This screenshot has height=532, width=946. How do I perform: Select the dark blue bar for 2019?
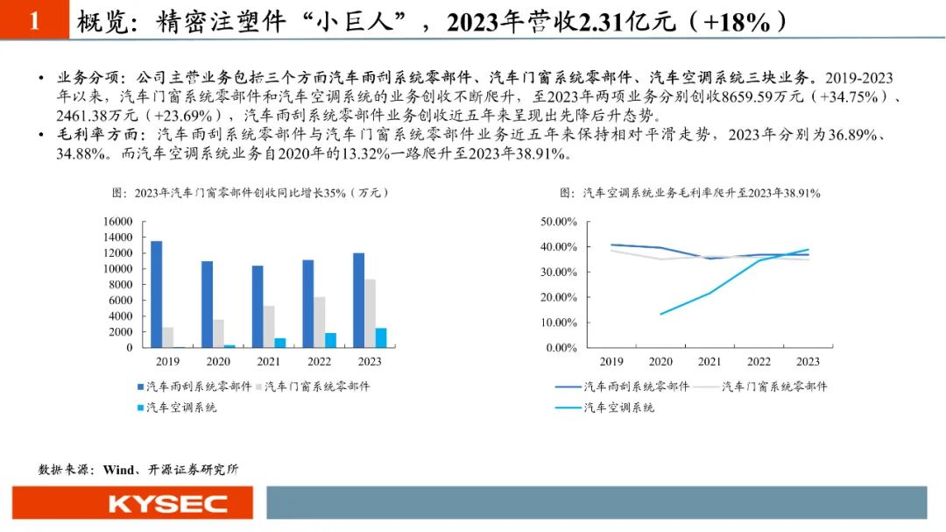click(x=156, y=294)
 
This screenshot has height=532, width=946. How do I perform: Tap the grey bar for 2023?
click(x=370, y=313)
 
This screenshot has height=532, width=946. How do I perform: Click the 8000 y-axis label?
click(x=119, y=285)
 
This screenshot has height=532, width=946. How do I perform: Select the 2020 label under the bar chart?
click(x=219, y=361)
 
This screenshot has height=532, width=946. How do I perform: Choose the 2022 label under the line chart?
click(x=759, y=361)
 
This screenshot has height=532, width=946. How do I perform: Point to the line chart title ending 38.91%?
click(x=689, y=193)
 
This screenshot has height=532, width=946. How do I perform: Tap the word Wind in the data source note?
click(x=118, y=469)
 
